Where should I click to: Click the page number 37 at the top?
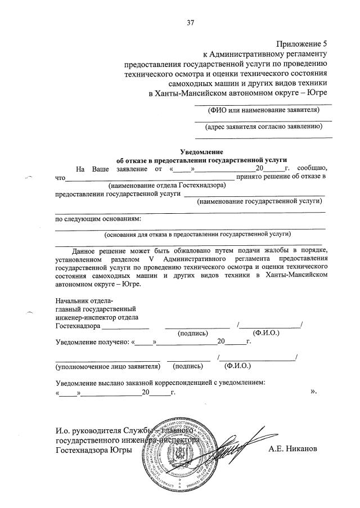(x=190, y=23)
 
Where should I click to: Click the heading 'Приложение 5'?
(x=301, y=43)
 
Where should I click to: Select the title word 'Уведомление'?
(x=201, y=151)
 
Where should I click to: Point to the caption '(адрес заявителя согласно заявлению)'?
(x=263, y=128)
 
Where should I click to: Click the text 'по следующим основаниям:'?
(x=98, y=218)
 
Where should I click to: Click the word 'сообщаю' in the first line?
(x=312, y=168)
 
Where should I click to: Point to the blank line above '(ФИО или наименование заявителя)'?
(x=263, y=104)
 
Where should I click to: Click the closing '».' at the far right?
(x=314, y=392)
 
